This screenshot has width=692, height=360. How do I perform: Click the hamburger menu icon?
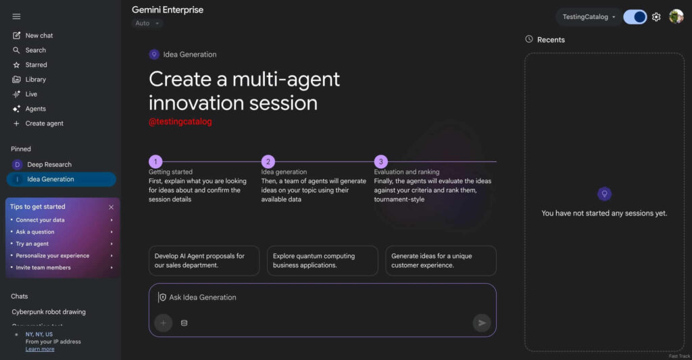pos(16,16)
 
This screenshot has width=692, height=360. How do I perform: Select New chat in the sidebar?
pos(39,35)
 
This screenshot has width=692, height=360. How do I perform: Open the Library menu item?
pos(35,79)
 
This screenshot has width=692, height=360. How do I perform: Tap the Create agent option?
pos(44,124)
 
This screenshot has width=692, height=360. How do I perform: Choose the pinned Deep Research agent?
pos(49,164)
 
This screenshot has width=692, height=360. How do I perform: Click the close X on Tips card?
pos(112,207)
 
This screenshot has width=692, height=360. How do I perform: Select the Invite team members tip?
pos(43,267)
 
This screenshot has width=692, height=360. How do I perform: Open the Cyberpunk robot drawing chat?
pos(49,312)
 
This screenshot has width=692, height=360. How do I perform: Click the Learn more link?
pos(40,349)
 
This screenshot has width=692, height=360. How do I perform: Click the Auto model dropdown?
pos(147,24)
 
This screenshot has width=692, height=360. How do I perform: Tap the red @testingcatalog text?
pos(180,122)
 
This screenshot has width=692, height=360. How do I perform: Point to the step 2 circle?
pos(268,161)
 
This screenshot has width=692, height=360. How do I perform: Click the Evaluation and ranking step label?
pos(406,172)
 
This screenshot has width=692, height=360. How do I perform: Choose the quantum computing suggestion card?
pos(322,261)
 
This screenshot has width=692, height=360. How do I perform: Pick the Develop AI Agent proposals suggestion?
pos(203,261)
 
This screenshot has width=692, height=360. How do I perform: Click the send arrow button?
pos(481,323)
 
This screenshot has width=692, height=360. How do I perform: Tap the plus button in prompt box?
pos(163,323)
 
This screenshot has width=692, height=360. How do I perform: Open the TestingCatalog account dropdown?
pos(589,17)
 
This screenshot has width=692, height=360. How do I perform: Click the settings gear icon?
pos(656,17)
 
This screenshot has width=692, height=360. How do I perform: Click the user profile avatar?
pos(676,17)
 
